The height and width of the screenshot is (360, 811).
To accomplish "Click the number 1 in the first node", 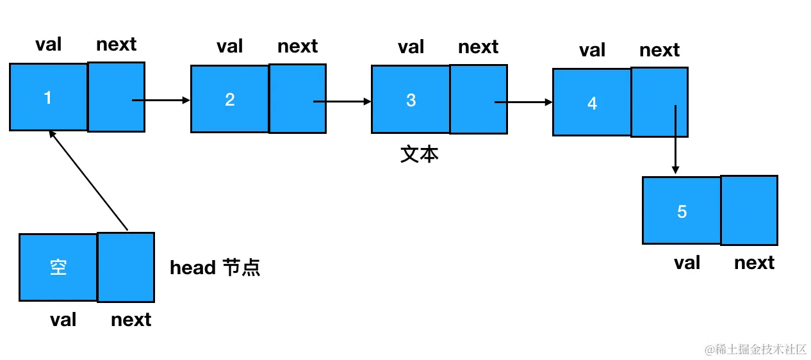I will pos(47,97).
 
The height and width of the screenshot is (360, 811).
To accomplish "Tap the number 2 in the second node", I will pos(230,99).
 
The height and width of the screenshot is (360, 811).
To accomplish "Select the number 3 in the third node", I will pos(411,100).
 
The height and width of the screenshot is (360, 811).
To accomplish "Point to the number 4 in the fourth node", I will pos(592,103).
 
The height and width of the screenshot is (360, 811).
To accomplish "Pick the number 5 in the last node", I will pos(682,211).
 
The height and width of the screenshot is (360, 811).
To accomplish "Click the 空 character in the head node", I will pos(58,267).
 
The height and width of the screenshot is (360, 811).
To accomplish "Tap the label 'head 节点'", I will pos(215,267).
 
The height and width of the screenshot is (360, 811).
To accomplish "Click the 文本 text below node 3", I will pos(420,154).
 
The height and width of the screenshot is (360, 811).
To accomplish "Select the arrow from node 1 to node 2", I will pos(161,100).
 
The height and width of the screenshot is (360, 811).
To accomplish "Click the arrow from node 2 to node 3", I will pos(343,101).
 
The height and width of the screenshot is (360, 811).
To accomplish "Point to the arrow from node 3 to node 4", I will pos(524,102).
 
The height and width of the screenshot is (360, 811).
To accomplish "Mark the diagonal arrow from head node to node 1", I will pos(88,180).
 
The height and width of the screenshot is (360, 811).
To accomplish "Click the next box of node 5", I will pos(749,211).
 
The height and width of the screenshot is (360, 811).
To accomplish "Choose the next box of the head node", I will pos(126,268).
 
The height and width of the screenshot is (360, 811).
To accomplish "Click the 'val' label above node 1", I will pos(49,44).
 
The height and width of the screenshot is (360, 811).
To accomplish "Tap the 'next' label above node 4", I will pos(659,50).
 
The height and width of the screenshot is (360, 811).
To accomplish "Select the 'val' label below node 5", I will pos(687,263).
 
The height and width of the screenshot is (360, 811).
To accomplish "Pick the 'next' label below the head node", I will pos(131,319).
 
